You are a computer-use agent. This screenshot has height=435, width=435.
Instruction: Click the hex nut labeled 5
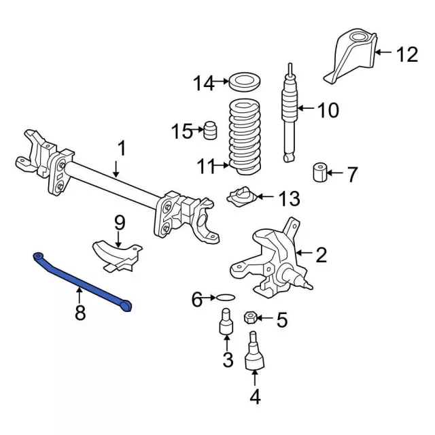[x=249, y=318]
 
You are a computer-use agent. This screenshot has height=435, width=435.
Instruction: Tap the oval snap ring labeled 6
[x=226, y=297]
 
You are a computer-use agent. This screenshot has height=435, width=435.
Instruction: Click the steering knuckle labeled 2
[x=272, y=262]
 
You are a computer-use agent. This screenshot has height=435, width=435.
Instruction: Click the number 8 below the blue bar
[x=80, y=313]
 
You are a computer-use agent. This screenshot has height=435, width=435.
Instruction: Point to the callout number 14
[x=202, y=84]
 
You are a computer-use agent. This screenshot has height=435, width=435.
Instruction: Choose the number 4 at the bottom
[x=255, y=396]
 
